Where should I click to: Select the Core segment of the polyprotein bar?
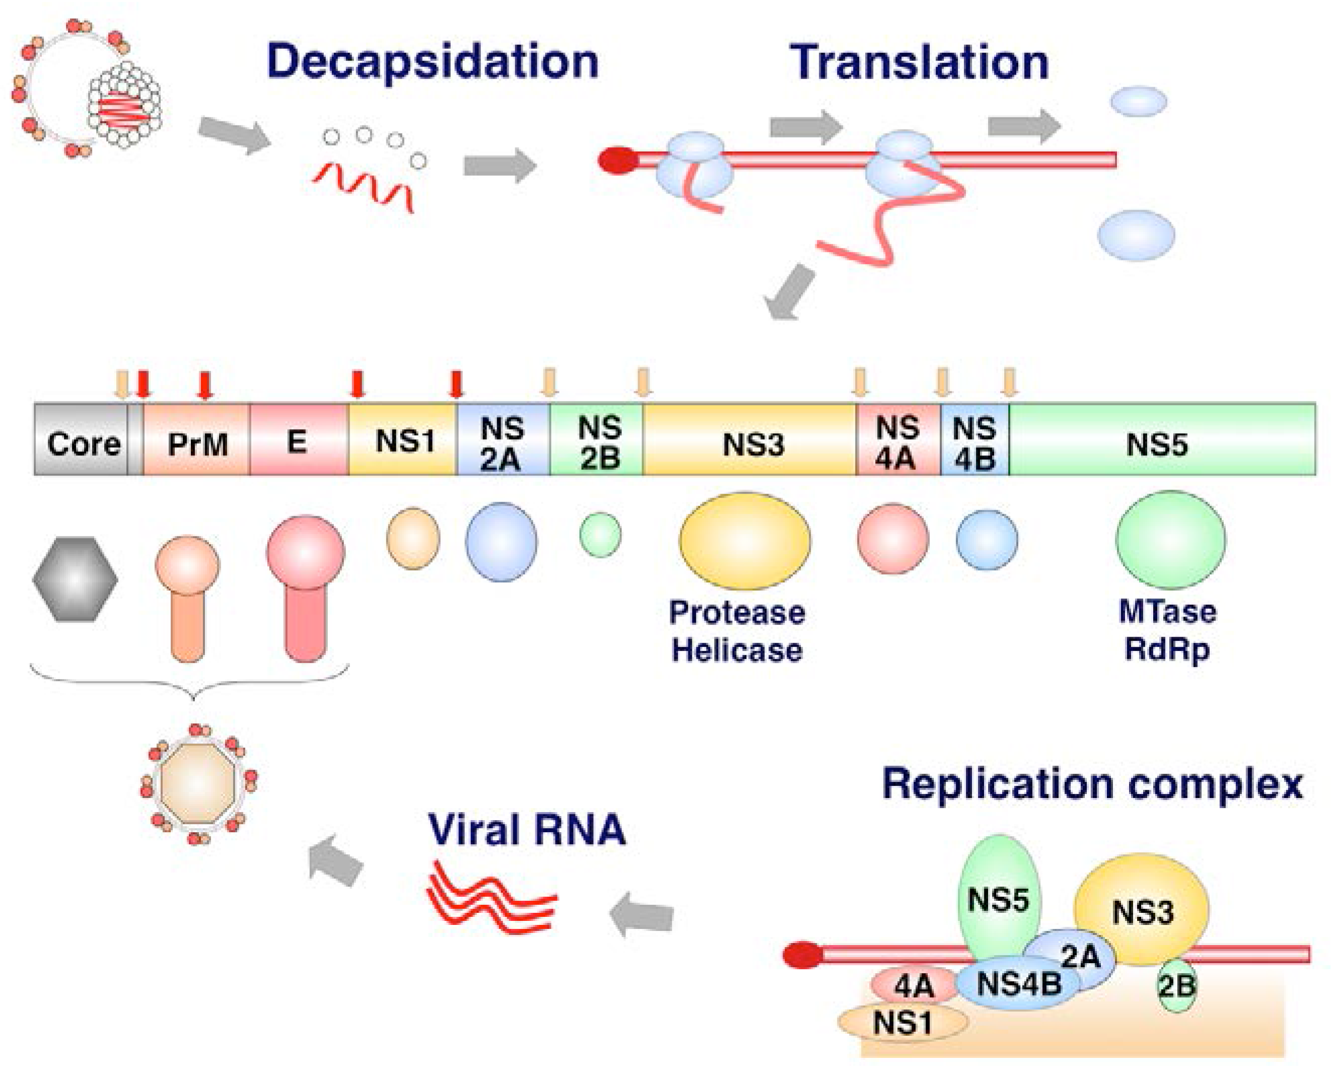(x=83, y=443)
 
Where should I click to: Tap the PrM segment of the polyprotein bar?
(x=197, y=443)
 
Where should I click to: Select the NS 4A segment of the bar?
(x=897, y=442)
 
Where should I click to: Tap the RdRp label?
(x=1166, y=649)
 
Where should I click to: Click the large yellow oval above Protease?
(x=744, y=540)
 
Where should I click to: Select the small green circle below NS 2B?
(x=600, y=536)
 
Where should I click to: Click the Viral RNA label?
(x=527, y=829)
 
